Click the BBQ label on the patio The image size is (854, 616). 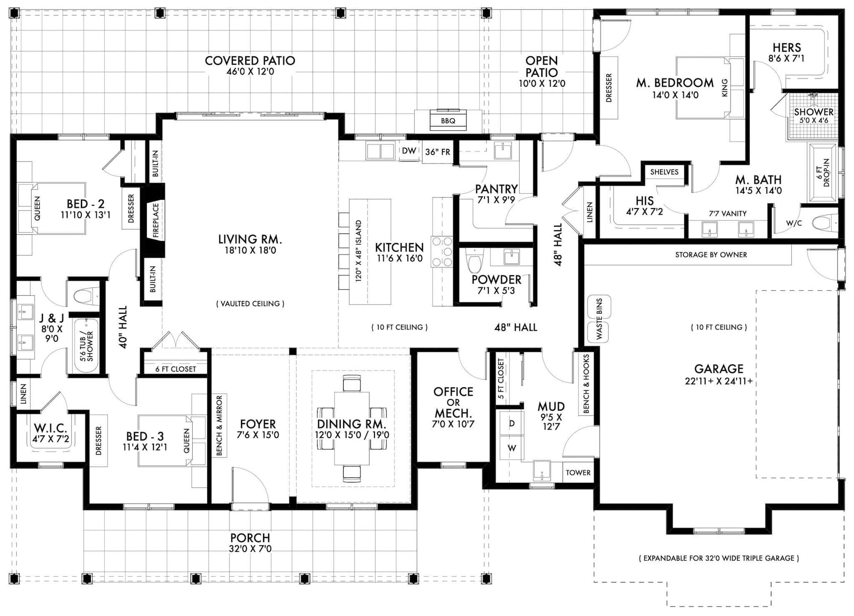click(448, 121)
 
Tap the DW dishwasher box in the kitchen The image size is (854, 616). click(409, 151)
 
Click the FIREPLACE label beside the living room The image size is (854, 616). click(156, 220)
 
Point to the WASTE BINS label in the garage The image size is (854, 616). click(599, 319)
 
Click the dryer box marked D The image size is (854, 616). click(512, 423)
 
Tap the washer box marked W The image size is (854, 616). click(512, 448)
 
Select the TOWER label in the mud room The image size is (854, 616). click(578, 473)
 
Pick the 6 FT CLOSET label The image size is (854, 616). click(176, 369)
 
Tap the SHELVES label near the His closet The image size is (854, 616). click(664, 172)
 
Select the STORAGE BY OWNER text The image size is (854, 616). click(711, 255)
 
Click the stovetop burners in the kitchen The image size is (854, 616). click(442, 251)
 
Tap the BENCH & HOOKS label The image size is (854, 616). click(586, 384)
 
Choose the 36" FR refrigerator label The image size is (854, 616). click(437, 152)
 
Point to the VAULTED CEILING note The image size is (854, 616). click(250, 304)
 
